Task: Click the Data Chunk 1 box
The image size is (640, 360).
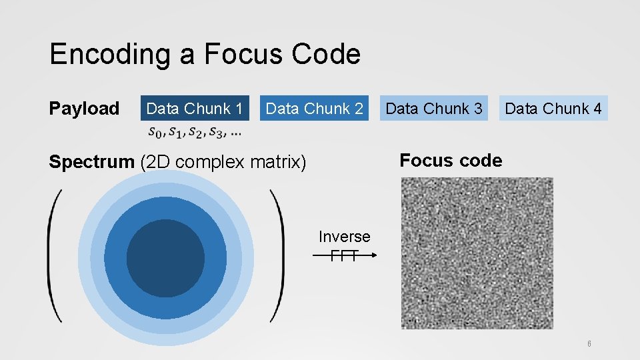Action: tap(194, 108)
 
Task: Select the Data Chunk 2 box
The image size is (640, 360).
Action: tap(314, 108)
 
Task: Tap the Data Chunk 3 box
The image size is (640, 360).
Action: tap(434, 108)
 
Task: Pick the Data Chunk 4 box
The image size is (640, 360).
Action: tap(553, 108)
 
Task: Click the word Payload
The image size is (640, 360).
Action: tap(84, 108)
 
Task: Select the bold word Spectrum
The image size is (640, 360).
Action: tap(91, 162)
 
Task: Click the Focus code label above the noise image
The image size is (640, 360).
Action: tap(450, 160)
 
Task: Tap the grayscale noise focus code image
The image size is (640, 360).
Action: tap(477, 253)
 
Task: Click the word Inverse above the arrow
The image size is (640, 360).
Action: tap(344, 237)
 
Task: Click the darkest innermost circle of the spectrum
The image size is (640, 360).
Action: tap(165, 258)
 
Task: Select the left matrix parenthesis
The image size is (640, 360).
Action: tap(55, 257)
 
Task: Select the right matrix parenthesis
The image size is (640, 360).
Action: tap(276, 257)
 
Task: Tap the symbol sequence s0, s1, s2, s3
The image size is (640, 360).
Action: tap(194, 131)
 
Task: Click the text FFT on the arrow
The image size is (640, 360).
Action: tap(344, 255)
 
